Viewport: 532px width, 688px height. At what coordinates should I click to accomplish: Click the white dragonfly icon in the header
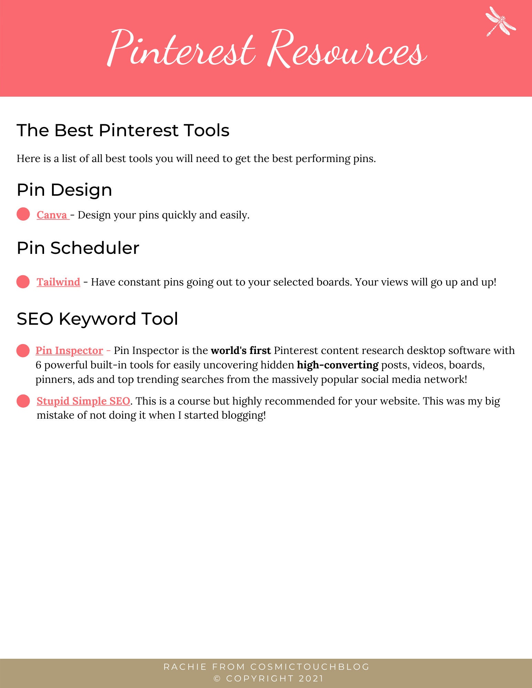[x=501, y=21]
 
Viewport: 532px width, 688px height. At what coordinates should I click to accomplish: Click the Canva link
[x=52, y=215]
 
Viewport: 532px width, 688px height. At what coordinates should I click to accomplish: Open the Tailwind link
[x=58, y=282]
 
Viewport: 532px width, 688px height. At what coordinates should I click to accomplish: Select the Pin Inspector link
[x=69, y=351]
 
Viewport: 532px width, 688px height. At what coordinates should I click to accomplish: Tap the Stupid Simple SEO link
[x=83, y=401]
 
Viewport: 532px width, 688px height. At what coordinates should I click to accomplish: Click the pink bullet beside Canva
[x=23, y=214]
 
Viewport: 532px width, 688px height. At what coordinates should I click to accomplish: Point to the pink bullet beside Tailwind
[x=23, y=282]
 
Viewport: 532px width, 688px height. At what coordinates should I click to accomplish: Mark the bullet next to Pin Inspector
[x=23, y=351]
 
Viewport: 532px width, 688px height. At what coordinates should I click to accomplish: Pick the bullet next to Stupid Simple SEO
[x=23, y=401]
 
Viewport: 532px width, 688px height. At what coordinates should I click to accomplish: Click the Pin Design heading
[x=64, y=190]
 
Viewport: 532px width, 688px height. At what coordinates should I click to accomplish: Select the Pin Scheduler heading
[x=78, y=248]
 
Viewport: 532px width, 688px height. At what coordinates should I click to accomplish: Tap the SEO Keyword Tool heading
[x=97, y=319]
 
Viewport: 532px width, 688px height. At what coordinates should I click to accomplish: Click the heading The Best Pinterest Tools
[x=123, y=130]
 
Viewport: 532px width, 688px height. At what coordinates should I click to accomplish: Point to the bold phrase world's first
[x=241, y=351]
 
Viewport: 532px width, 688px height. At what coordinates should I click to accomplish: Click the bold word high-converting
[x=337, y=365]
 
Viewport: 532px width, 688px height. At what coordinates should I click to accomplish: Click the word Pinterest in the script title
[x=182, y=50]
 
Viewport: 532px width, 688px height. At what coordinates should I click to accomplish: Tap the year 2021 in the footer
[x=311, y=679]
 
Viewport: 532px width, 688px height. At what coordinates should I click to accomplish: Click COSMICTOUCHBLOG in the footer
[x=310, y=667]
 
